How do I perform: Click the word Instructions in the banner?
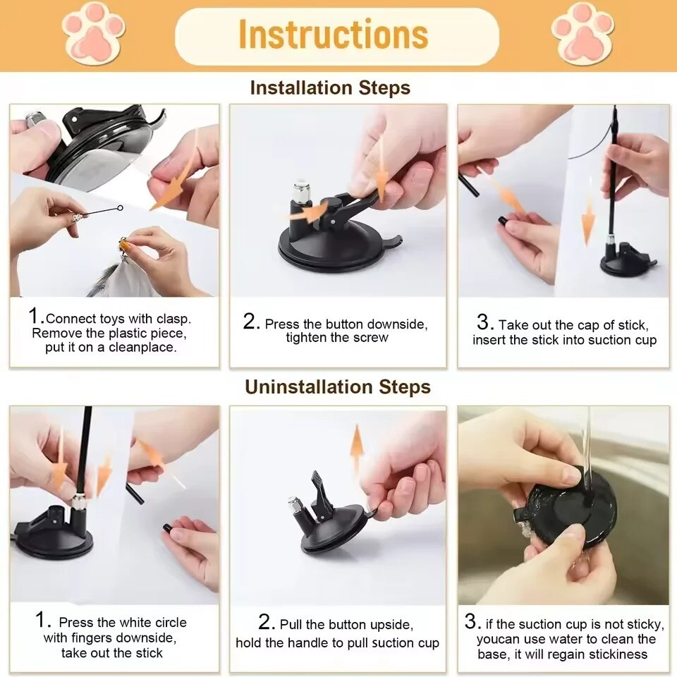[333, 35]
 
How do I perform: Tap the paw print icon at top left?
[94, 32]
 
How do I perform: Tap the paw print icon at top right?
[583, 32]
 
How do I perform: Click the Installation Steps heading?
[329, 88]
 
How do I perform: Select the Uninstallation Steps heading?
[337, 387]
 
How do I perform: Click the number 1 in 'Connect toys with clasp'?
[35, 316]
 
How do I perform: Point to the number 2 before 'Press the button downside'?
[251, 322]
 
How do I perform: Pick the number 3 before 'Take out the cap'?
[484, 323]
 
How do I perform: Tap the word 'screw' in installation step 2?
[370, 338]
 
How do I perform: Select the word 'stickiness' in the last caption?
[614, 654]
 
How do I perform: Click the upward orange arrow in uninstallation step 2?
[357, 449]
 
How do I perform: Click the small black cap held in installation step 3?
[504, 221]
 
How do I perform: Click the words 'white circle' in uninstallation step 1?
[152, 623]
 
